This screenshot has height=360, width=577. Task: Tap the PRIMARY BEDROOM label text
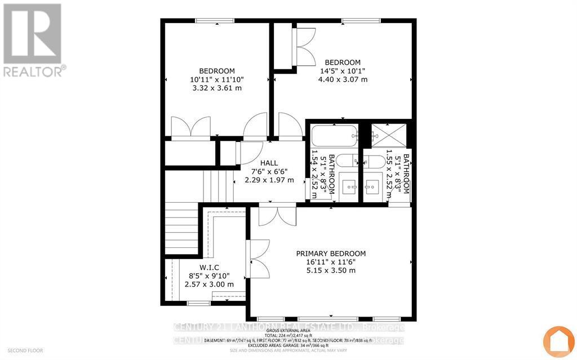pyautogui.click(x=331, y=254)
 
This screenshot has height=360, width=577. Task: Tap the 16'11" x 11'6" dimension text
pyautogui.click(x=331, y=262)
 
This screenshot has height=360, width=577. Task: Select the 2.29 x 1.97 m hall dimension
pyautogui.click(x=269, y=180)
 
